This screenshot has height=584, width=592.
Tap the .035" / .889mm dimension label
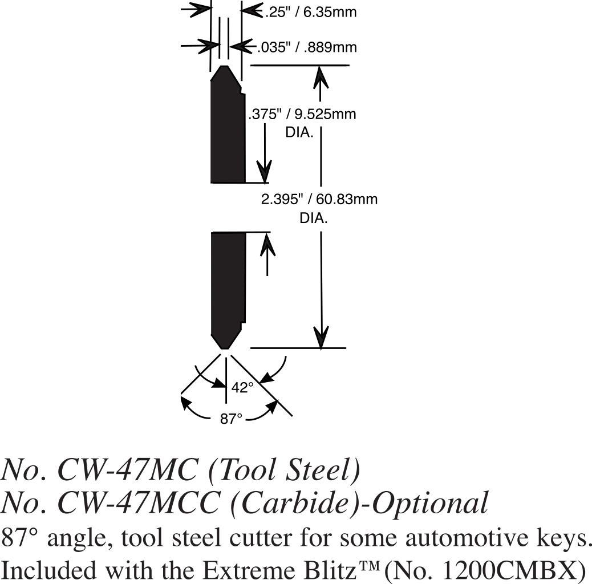click(307, 47)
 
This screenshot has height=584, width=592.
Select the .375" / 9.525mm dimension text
click(302, 114)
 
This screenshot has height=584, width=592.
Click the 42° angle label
click(242, 388)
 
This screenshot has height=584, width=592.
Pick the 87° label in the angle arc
click(232, 419)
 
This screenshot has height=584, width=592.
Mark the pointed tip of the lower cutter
click(226, 347)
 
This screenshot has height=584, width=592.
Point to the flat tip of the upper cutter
click(226, 67)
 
